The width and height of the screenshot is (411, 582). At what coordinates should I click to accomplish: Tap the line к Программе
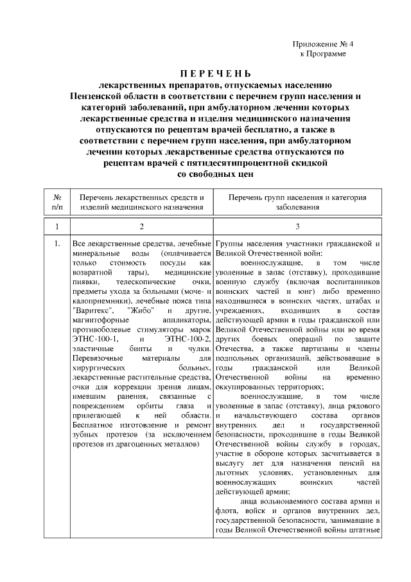[323, 53]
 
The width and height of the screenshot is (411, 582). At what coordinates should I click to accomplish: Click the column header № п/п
[57, 201]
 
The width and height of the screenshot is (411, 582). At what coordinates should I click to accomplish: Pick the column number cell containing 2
[142, 227]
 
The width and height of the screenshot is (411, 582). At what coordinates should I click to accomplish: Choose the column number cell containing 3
[297, 227]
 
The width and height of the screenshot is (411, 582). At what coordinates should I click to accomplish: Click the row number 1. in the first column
[57, 244]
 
